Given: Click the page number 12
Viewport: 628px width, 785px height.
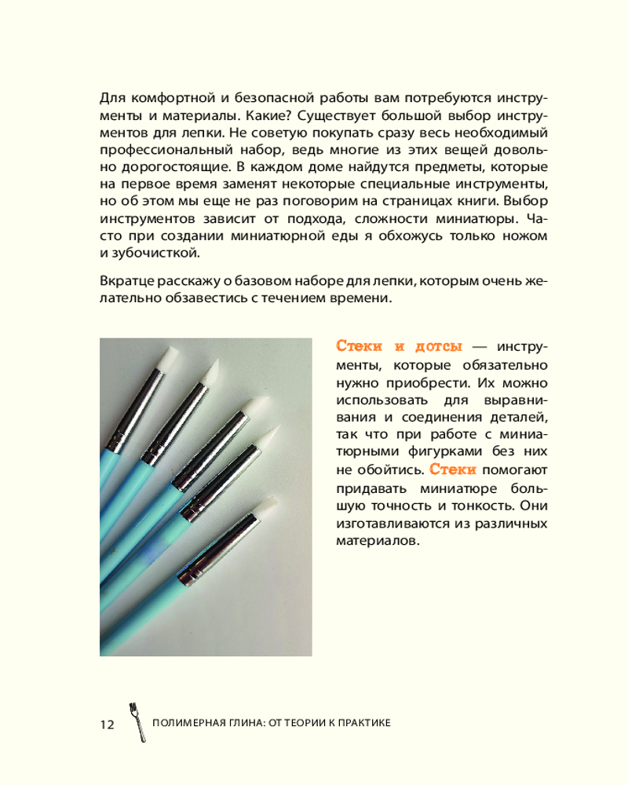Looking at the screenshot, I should [x=107, y=725].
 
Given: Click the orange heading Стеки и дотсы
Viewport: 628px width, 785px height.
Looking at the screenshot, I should [x=399, y=346].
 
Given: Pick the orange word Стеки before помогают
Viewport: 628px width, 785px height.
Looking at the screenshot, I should [x=453, y=469].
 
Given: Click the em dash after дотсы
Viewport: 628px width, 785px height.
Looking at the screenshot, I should [x=480, y=346].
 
